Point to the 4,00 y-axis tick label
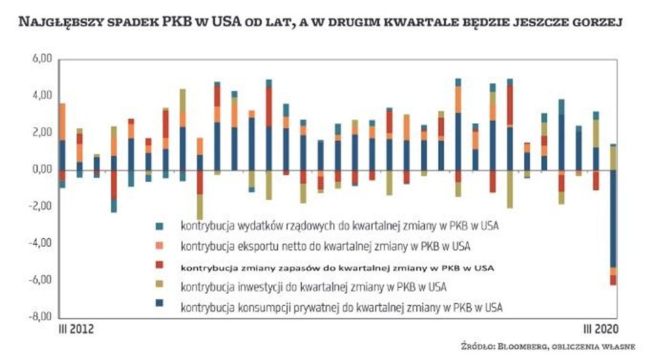click(x=41, y=95)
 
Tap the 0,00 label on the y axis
click(x=41, y=169)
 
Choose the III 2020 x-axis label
click(x=602, y=329)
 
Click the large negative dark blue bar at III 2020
click(x=613, y=218)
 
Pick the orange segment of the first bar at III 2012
click(x=63, y=121)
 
